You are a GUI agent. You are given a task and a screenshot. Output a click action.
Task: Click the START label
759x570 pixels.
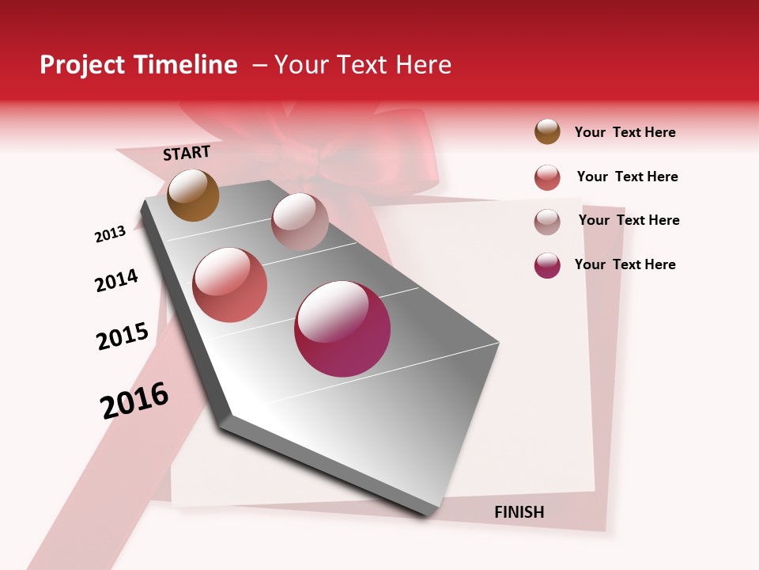tap(187, 153)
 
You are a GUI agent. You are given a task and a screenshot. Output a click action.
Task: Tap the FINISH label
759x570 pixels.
tap(519, 512)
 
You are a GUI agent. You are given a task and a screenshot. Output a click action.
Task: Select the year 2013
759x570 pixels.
tap(110, 234)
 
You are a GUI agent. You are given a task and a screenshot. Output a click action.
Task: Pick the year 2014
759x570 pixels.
tap(116, 280)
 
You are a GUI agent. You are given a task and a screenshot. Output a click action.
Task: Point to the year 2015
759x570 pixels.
tap(123, 336)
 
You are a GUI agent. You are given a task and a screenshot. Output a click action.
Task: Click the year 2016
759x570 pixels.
tap(134, 401)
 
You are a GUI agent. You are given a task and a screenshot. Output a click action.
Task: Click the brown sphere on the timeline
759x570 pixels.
tap(194, 195)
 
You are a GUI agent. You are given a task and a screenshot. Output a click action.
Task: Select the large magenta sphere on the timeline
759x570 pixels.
tap(342, 329)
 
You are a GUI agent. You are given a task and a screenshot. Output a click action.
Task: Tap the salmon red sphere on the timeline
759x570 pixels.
tap(230, 285)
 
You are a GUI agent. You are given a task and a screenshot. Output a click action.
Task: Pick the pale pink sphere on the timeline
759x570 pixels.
tap(300, 222)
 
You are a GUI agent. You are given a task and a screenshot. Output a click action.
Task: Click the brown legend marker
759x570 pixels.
tap(547, 131)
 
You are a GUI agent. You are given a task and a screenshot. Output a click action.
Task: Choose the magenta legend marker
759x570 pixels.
tap(547, 265)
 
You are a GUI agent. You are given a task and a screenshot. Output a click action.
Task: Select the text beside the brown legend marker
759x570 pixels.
tap(625, 132)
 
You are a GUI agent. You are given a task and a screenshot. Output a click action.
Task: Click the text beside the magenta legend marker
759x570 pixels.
tap(625, 264)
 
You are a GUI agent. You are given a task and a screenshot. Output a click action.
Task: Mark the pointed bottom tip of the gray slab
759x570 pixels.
tap(431, 513)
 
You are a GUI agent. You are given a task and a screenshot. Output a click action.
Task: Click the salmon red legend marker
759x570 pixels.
tap(547, 177)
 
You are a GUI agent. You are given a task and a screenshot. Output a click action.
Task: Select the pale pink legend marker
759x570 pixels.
tap(547, 222)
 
